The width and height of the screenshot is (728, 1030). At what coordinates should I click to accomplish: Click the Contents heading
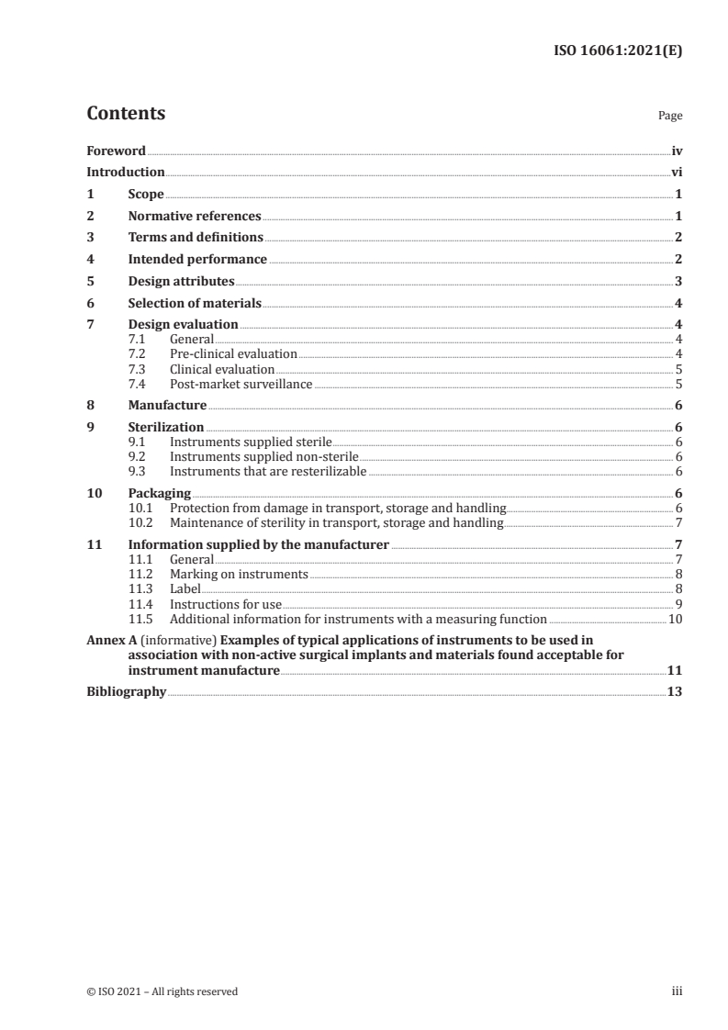tap(126, 115)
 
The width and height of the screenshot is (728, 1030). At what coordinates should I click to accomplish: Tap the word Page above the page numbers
tap(670, 117)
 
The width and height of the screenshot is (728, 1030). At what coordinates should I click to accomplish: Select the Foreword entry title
tap(116, 151)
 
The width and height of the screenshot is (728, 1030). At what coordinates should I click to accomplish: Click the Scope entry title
tap(146, 194)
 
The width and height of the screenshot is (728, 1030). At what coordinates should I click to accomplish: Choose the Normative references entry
tap(195, 216)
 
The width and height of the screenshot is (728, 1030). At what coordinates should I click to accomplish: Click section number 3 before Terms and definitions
tap(90, 238)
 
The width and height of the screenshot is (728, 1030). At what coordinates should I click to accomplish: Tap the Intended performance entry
tap(197, 260)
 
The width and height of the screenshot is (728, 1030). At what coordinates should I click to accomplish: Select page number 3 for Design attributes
tap(678, 281)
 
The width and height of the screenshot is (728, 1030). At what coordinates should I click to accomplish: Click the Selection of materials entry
tap(195, 303)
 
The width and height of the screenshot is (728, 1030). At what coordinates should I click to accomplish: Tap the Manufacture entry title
tap(167, 405)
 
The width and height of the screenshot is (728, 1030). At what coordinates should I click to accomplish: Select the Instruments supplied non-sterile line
tap(263, 456)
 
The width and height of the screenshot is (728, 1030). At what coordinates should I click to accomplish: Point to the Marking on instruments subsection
tap(239, 574)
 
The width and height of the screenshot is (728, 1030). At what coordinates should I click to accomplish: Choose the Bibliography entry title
tap(126, 692)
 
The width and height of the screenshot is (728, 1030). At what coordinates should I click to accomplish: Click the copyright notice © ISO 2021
tap(162, 991)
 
